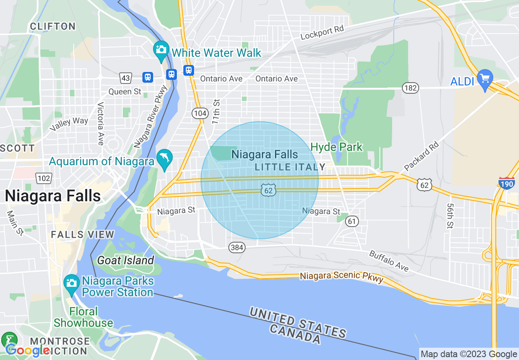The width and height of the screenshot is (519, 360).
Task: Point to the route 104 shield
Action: click(200, 113)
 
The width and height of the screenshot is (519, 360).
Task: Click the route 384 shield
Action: click(237, 247)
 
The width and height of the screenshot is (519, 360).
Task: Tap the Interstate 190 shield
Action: click(506, 183)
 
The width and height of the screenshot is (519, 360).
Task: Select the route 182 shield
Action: click(410, 88)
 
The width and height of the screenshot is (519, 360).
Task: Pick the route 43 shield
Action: click(125, 77)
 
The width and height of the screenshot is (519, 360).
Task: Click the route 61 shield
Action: click(352, 221)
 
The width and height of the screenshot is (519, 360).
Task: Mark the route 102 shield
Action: click(43, 178)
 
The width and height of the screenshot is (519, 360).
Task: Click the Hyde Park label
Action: click(336, 147)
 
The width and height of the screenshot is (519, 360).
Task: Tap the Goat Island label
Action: click(125, 260)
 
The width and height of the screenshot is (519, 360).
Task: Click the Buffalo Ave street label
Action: click(389, 261)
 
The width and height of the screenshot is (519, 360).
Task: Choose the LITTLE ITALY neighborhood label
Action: click(290, 167)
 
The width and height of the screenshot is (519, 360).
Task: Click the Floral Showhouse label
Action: click(83, 317)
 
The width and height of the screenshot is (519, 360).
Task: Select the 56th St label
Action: click(450, 216)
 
